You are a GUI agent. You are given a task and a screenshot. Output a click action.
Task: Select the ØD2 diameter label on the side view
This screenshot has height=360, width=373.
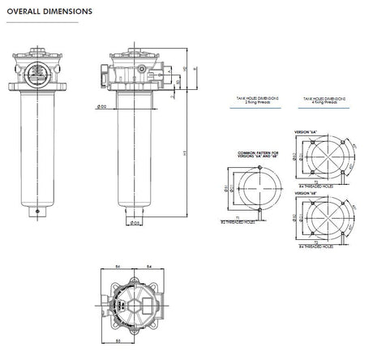tap(102, 105)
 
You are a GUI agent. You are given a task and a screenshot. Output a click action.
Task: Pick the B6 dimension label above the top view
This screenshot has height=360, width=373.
tap(118, 266)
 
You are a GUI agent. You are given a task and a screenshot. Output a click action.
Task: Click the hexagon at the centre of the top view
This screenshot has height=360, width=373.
tap(131, 301)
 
